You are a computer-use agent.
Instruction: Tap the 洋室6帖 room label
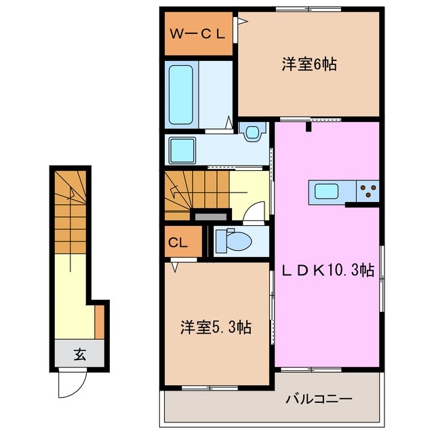309,65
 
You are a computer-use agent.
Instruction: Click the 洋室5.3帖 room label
216,328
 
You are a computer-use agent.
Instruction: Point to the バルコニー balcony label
318,398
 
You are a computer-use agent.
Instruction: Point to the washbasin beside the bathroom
253,132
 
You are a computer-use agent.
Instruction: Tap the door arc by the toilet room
254,214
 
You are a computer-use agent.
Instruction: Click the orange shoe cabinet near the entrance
99,321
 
